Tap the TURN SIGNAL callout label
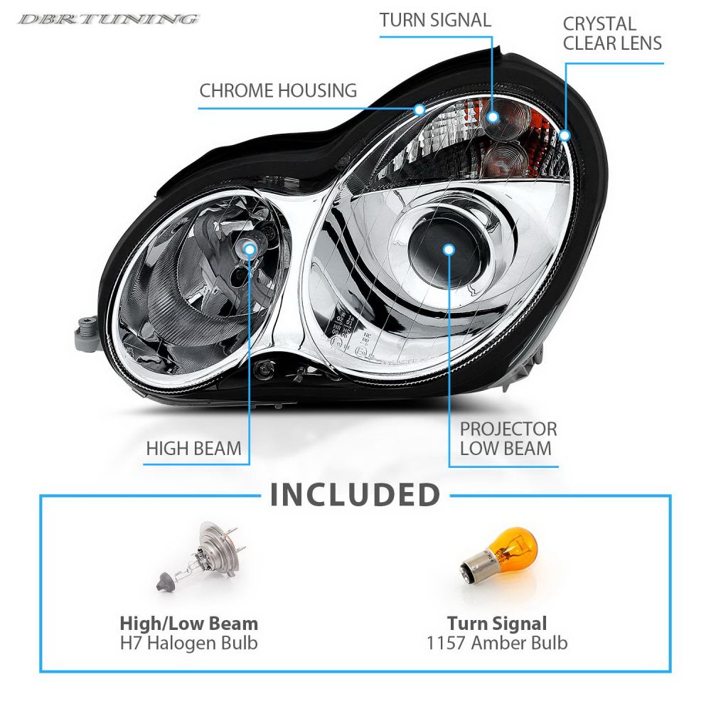(435, 20)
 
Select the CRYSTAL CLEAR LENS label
(612, 33)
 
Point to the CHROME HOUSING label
(278, 90)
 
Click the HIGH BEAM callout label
(193, 449)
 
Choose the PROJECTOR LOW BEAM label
(508, 439)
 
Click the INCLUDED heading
(355, 496)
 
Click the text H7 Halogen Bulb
(188, 643)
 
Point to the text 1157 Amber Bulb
(497, 643)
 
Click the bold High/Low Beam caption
(188, 624)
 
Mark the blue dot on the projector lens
(449, 249)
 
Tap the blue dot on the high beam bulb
(250, 247)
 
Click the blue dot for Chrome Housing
(419, 109)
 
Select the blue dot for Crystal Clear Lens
(565, 134)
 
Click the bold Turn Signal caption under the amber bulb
(497, 624)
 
